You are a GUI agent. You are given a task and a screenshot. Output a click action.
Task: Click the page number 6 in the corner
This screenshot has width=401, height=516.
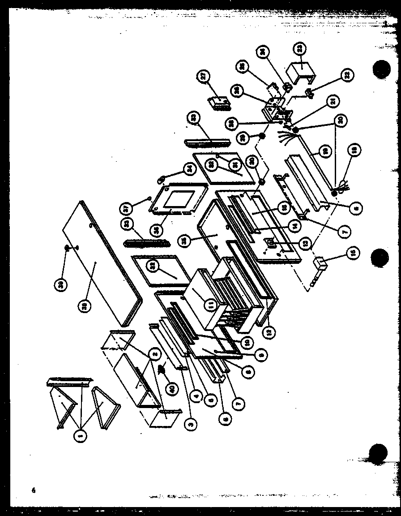(x=33, y=490)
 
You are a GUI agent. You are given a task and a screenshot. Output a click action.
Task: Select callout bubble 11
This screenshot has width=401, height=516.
(x=211, y=305)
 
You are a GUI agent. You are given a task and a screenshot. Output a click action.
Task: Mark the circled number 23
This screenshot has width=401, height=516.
(x=300, y=47)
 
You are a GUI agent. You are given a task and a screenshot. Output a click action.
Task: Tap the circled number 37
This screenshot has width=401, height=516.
(x=127, y=208)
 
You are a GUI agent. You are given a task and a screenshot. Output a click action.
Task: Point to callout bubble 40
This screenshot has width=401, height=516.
(x=171, y=388)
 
